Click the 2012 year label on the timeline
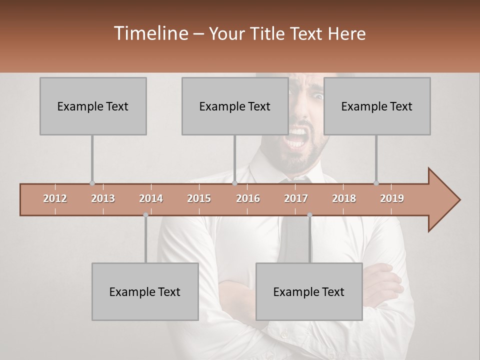tap(55, 198)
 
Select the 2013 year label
tap(103, 198)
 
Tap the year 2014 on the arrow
tap(151, 198)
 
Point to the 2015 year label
tap(199, 198)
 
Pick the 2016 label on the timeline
tap(248, 198)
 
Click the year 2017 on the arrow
tap(296, 198)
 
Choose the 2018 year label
tap(344, 198)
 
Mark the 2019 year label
tap(392, 198)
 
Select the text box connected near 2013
tap(93, 106)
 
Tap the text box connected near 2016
tap(235, 106)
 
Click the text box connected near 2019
tap(377, 106)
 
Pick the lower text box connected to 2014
tap(145, 291)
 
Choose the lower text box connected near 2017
tap(309, 291)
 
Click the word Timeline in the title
tap(150, 33)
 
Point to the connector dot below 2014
tap(145, 215)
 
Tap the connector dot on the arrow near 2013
tap(92, 183)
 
